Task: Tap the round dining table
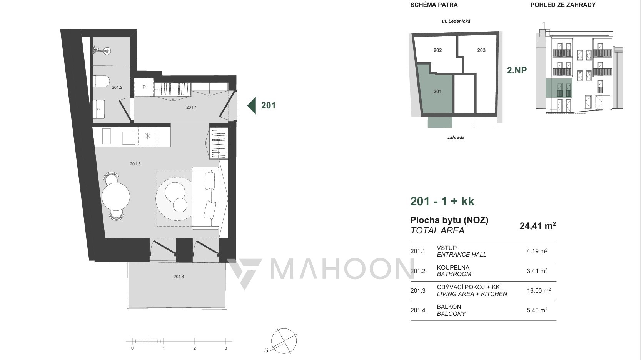coord(116,197)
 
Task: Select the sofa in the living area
coord(205,198)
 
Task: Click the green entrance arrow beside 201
coord(252,106)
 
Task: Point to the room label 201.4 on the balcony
coord(179,277)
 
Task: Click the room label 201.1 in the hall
coord(192,107)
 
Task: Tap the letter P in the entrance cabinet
coord(144,87)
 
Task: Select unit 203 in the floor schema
coord(481,50)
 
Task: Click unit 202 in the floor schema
coord(437,50)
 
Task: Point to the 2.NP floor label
coord(517,70)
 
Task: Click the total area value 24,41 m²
coord(538,225)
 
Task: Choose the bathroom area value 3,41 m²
coord(537,271)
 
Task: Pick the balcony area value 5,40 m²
coord(537,310)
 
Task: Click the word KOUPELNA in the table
coord(453,268)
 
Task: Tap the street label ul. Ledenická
coord(456,21)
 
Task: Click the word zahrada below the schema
coord(456,137)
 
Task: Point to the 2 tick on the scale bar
coord(195,341)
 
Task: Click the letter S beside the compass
coord(266,350)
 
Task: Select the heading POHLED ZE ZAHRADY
coord(563,5)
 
